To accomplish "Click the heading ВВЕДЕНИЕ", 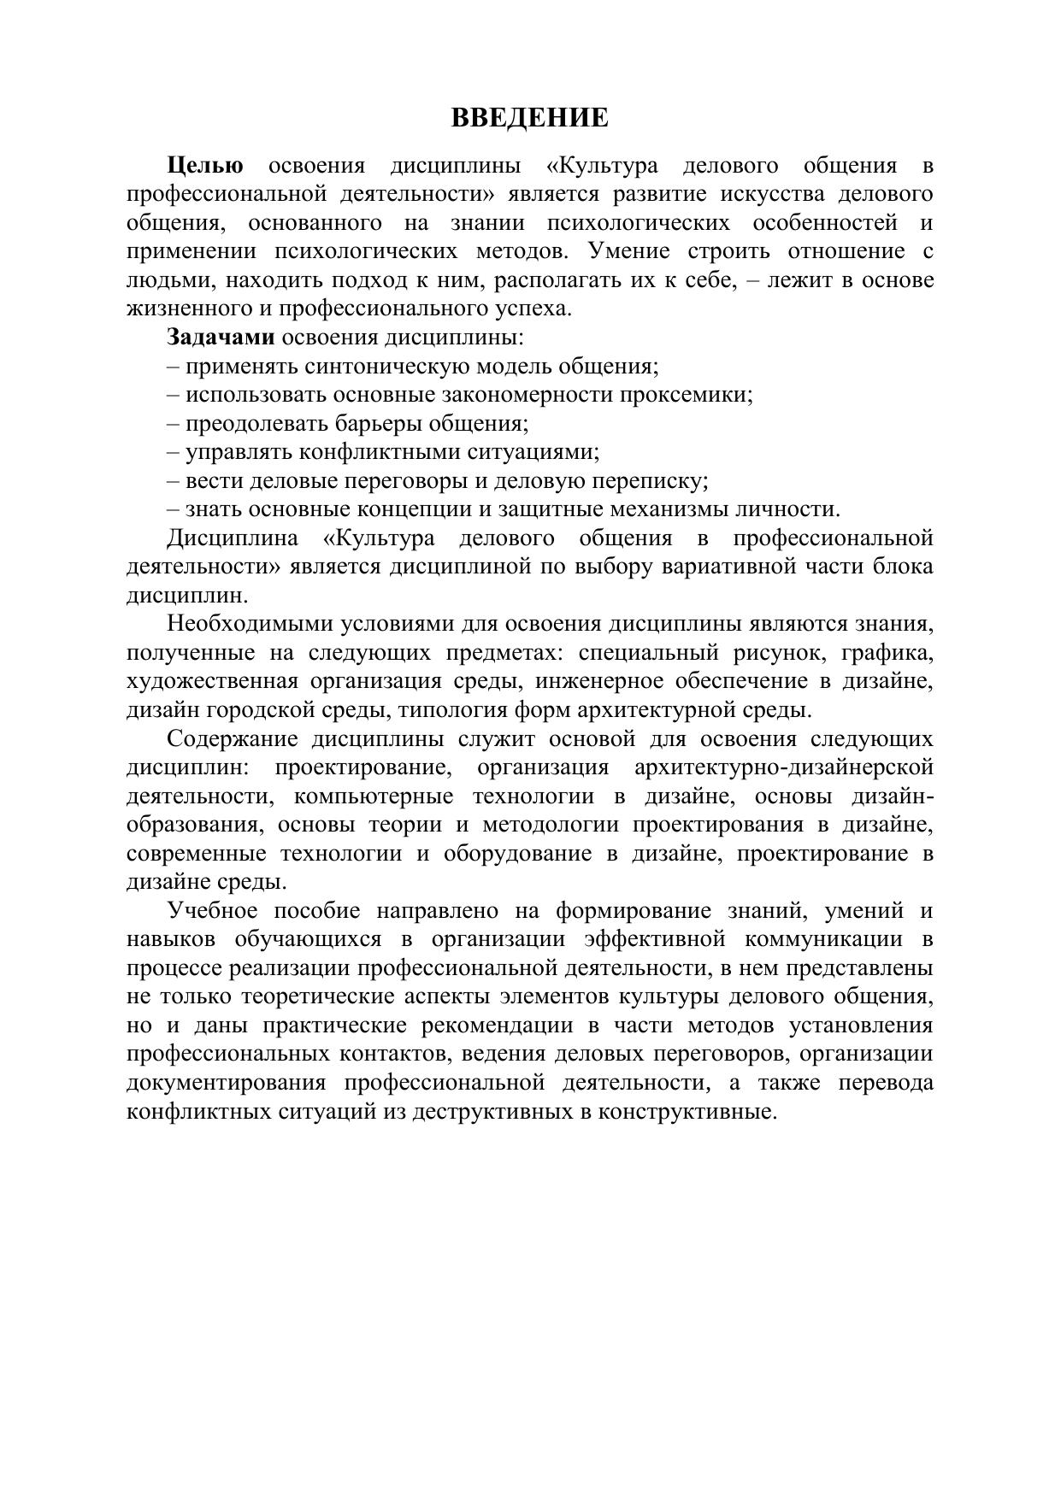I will [529, 118].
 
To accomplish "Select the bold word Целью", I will [205, 166].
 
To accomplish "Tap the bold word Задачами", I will [221, 338].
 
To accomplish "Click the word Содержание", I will [233, 739].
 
